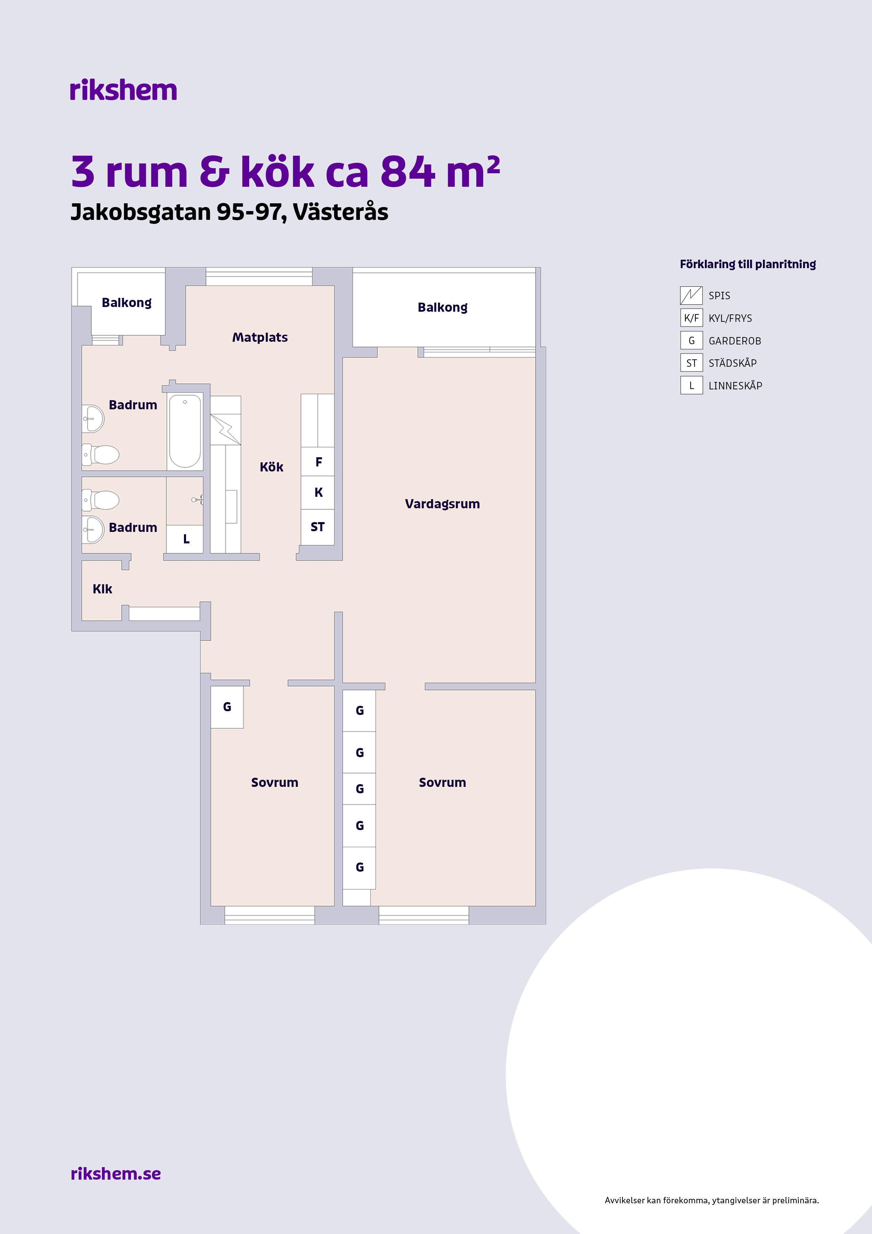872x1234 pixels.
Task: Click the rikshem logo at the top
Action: (123, 90)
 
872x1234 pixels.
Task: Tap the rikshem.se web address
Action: (115, 1173)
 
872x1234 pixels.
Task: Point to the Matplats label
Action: (260, 337)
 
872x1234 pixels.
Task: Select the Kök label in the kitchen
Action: (271, 467)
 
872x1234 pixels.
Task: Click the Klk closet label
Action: (102, 589)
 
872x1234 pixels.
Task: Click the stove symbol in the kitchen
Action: (225, 429)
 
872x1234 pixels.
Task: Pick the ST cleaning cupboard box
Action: (318, 527)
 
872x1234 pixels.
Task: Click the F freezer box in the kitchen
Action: (318, 462)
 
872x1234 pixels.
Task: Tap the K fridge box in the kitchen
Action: (318, 492)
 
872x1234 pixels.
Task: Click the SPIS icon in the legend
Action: (691, 295)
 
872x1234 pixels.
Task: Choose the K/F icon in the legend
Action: (691, 318)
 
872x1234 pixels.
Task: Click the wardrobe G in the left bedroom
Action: (227, 707)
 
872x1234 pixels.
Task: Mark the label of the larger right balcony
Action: (442, 307)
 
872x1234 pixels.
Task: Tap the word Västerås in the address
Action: (341, 212)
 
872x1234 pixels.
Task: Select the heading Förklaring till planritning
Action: (747, 264)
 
